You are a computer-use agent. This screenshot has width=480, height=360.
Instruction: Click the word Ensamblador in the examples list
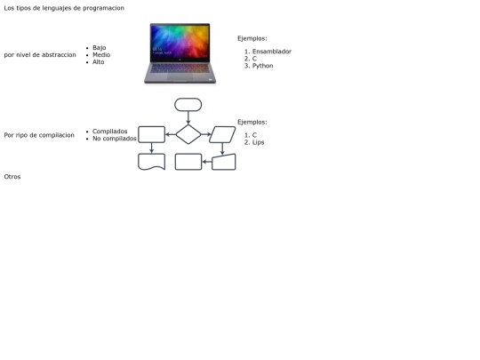click(x=272, y=52)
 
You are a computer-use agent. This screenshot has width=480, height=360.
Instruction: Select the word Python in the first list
click(x=262, y=66)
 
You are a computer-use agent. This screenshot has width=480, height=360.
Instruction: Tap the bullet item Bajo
click(x=100, y=48)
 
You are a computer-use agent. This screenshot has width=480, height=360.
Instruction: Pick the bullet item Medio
click(x=101, y=55)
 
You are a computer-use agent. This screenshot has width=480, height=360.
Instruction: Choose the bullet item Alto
click(x=99, y=62)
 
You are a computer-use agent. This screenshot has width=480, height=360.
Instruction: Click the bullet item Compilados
click(x=110, y=132)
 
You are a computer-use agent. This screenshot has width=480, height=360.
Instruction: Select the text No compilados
click(x=115, y=139)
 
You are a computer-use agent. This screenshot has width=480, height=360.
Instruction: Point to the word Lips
click(x=259, y=142)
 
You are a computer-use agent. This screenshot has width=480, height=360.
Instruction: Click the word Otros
click(x=12, y=177)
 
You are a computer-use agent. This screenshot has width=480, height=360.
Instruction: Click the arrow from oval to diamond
click(x=188, y=118)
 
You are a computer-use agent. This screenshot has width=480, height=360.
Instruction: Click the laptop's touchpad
click(x=180, y=76)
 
